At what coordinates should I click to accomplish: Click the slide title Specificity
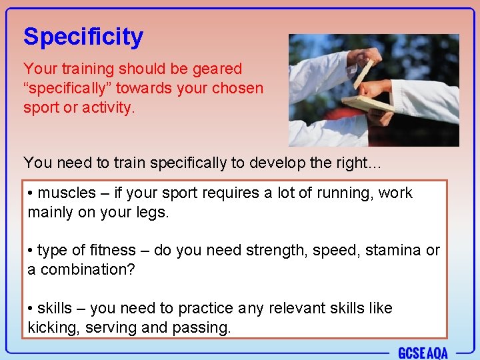click(83, 37)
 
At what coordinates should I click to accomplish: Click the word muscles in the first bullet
click(67, 193)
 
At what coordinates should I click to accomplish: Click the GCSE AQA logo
click(423, 352)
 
